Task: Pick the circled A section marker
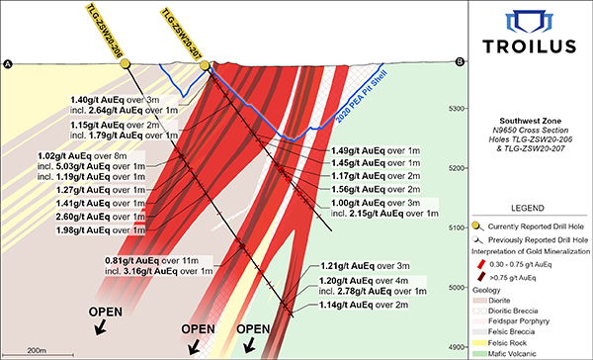click(8, 65)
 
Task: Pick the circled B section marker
click(460, 63)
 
